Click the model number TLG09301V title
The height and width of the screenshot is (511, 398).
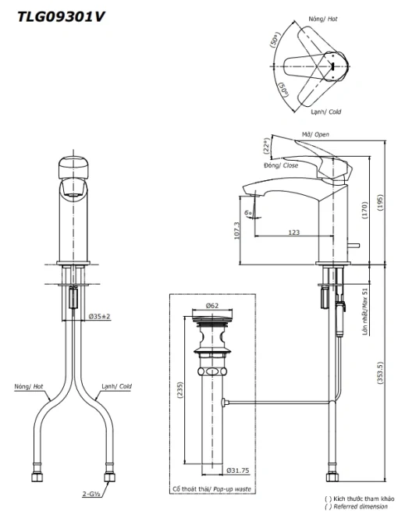click(x=62, y=16)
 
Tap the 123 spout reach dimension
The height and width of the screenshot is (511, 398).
click(x=293, y=232)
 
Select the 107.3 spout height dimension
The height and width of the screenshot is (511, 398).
click(x=237, y=230)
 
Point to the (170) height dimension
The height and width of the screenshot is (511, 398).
click(x=364, y=210)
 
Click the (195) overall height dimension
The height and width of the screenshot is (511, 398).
click(x=380, y=202)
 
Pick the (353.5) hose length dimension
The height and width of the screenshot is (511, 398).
click(x=380, y=372)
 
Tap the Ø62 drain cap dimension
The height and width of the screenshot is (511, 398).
click(x=212, y=305)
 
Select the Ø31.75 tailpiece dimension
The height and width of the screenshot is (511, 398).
click(x=238, y=470)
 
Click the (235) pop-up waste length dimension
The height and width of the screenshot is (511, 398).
click(x=180, y=390)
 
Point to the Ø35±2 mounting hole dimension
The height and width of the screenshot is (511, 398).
click(x=100, y=316)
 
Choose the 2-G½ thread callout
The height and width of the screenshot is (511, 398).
click(x=91, y=494)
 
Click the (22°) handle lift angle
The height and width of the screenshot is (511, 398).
click(x=266, y=145)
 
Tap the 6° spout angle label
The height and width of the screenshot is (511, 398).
click(x=248, y=213)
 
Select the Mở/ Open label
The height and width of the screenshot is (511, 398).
click(x=315, y=134)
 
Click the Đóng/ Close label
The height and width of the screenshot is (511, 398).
click(x=281, y=165)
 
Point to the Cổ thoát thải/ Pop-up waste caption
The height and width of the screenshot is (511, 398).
click(x=211, y=489)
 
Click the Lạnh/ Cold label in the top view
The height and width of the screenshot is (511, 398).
click(x=325, y=112)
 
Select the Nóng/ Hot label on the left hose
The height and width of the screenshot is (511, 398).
click(x=29, y=386)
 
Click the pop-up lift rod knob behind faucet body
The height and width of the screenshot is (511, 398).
click(x=354, y=246)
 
